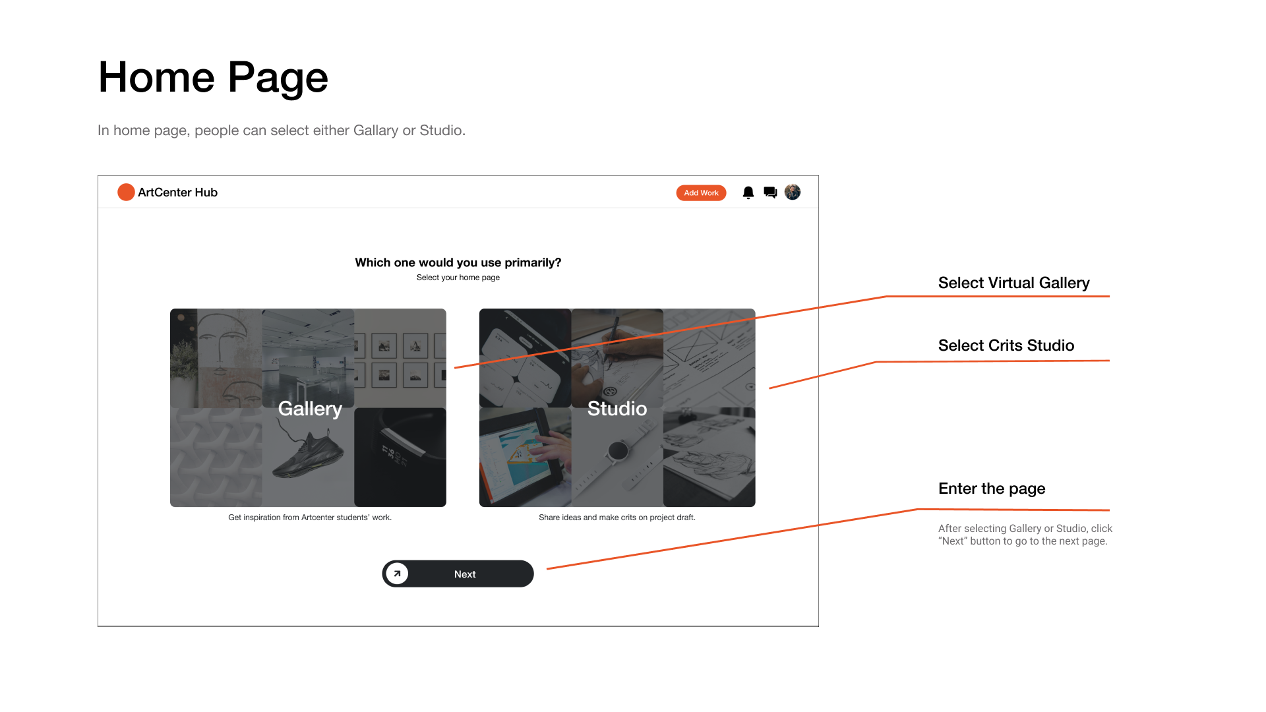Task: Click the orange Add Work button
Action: (x=701, y=193)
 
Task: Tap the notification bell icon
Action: (x=748, y=193)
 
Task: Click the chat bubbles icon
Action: (x=770, y=193)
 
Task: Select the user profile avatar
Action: (x=793, y=192)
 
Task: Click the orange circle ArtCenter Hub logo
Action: (x=126, y=192)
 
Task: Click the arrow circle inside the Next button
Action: (x=397, y=574)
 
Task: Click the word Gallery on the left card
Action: (x=310, y=409)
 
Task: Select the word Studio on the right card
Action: (x=617, y=409)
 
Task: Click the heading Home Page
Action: (x=213, y=78)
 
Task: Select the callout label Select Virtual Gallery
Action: (x=1013, y=283)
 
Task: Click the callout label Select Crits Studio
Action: (x=1006, y=345)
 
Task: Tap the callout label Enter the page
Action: (x=992, y=489)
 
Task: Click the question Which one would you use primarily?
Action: (x=458, y=262)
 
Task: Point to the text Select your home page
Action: (x=458, y=278)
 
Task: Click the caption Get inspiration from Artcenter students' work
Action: (x=310, y=518)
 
